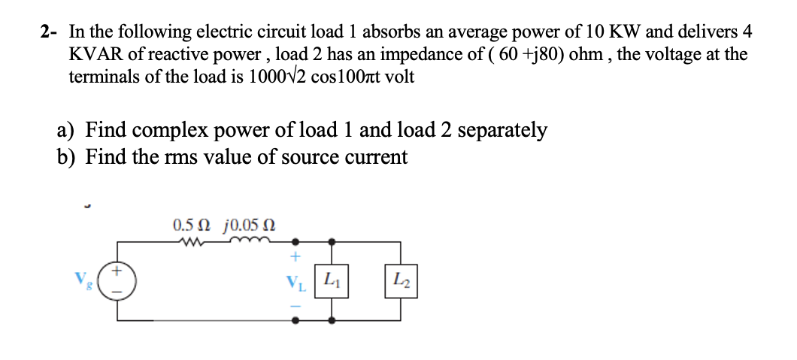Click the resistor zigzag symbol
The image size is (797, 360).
coord(193,242)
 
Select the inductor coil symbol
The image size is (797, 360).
coord(249,241)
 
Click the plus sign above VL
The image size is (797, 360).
coord(295,258)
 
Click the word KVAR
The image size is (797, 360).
coord(92,54)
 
